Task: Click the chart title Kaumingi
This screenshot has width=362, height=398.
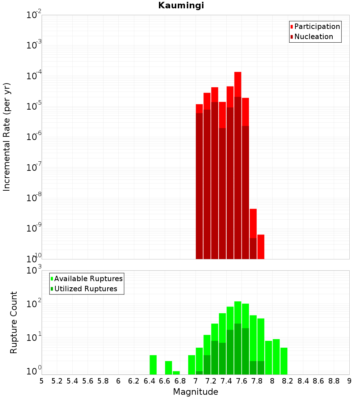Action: click(x=181, y=6)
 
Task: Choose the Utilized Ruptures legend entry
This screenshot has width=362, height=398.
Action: click(x=85, y=289)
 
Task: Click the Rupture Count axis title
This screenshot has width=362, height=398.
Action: click(x=14, y=322)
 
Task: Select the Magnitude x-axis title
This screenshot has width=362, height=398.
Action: click(x=195, y=391)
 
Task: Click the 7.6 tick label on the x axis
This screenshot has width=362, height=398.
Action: click(x=241, y=381)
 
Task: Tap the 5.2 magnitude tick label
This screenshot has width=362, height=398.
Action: click(x=57, y=381)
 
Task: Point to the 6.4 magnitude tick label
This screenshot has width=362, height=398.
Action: click(x=149, y=381)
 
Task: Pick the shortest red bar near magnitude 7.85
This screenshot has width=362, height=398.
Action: click(x=261, y=246)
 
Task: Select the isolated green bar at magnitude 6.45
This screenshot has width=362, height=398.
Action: click(x=153, y=365)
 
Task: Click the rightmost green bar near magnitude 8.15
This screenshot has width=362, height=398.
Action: click(x=284, y=361)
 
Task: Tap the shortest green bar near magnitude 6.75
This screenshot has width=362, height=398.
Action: click(x=176, y=373)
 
